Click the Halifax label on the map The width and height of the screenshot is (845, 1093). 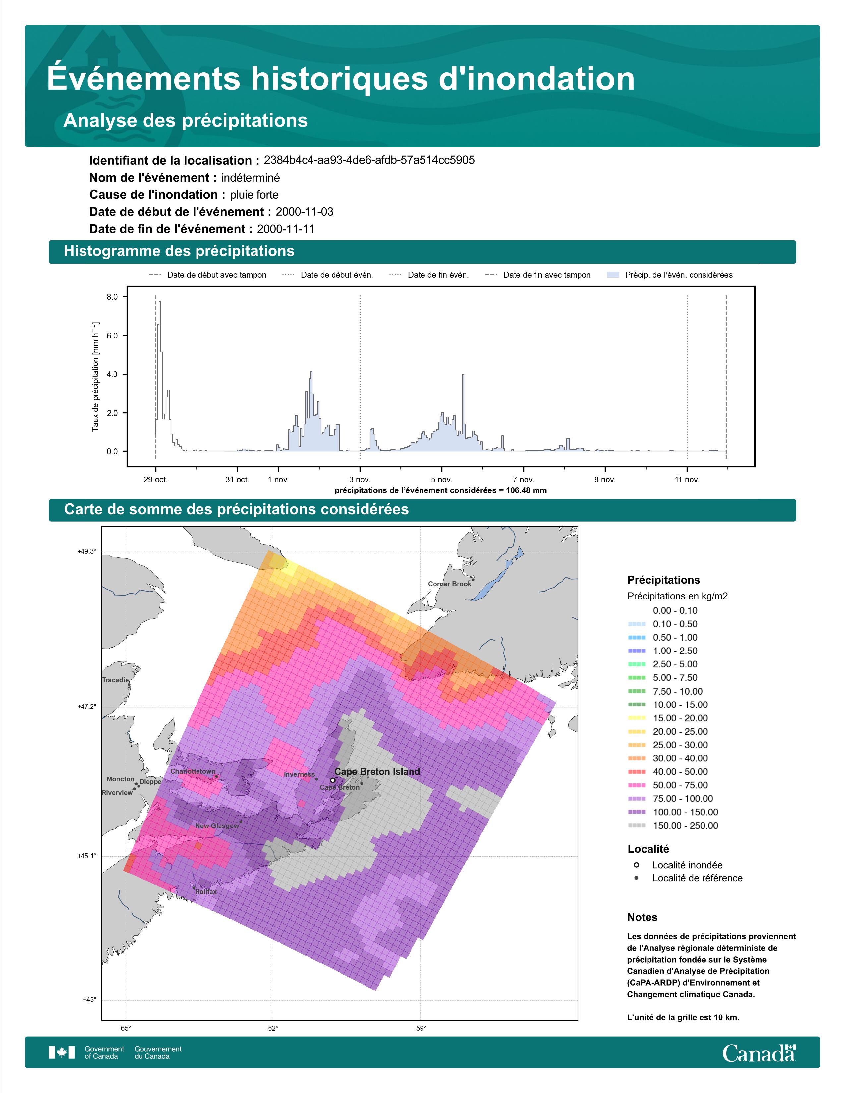click(x=206, y=891)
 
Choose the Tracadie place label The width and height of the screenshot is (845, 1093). click(x=115, y=680)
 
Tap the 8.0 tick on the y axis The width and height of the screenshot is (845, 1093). click(x=112, y=297)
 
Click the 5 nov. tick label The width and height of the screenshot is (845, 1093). click(x=441, y=480)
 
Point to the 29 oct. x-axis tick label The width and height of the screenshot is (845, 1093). click(x=156, y=480)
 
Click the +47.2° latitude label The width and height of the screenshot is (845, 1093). click(x=86, y=707)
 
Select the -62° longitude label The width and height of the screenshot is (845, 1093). click(x=272, y=1028)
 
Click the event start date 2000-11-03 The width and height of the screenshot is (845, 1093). click(x=304, y=212)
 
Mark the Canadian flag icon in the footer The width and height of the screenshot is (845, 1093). click(x=62, y=1053)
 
